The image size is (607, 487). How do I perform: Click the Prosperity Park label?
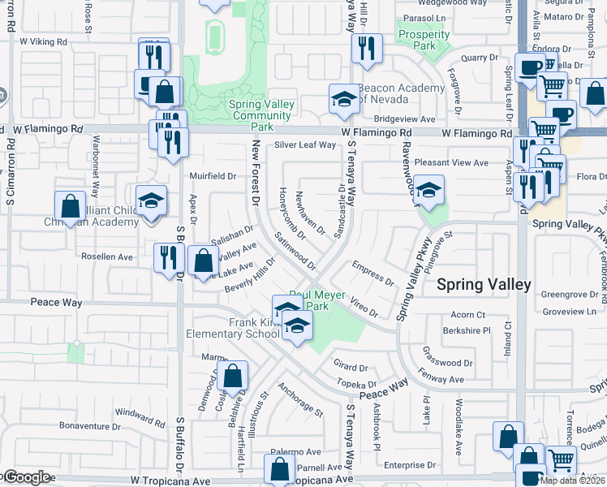point(424,40)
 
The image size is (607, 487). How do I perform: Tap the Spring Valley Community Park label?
point(260,115)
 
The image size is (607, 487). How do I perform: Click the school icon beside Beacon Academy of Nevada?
point(343,100)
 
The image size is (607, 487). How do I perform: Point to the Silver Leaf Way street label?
point(304,145)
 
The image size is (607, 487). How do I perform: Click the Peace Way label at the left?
point(56,303)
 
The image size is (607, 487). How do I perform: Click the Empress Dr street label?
point(372,273)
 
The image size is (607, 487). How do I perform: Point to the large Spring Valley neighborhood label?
point(484,284)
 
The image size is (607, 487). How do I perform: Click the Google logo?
point(26,477)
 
